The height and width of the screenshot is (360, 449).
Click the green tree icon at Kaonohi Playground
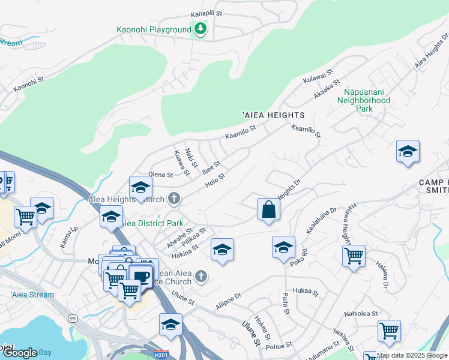tap(199, 28)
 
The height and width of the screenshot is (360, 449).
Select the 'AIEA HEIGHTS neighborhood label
tap(274, 115)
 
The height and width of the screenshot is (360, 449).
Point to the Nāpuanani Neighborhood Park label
tap(364, 101)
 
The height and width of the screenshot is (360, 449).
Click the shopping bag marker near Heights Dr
tap(268, 209)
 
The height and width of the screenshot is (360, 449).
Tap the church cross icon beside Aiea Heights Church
tap(174, 199)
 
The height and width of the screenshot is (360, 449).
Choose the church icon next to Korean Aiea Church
tap(201, 276)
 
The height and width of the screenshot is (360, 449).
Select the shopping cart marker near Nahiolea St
tap(389, 330)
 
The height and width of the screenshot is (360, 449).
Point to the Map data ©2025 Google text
tap(412, 355)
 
